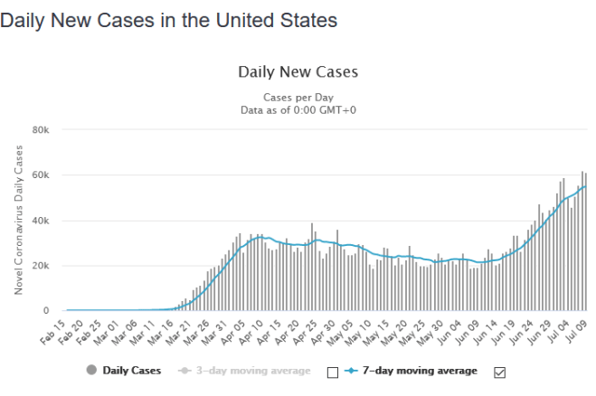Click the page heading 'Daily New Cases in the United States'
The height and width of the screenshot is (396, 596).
pyautogui.click(x=169, y=19)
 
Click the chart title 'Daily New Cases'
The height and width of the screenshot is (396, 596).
pyautogui.click(x=298, y=71)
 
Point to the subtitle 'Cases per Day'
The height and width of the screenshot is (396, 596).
pyautogui.click(x=298, y=97)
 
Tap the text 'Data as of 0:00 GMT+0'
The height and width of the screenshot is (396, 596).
pyautogui.click(x=298, y=109)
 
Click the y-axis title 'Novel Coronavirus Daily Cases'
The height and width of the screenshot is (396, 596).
pyautogui.click(x=19, y=220)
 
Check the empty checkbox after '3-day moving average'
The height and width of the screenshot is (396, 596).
pyautogui.click(x=332, y=372)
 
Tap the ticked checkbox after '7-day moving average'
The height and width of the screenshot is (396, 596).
pyautogui.click(x=499, y=372)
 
